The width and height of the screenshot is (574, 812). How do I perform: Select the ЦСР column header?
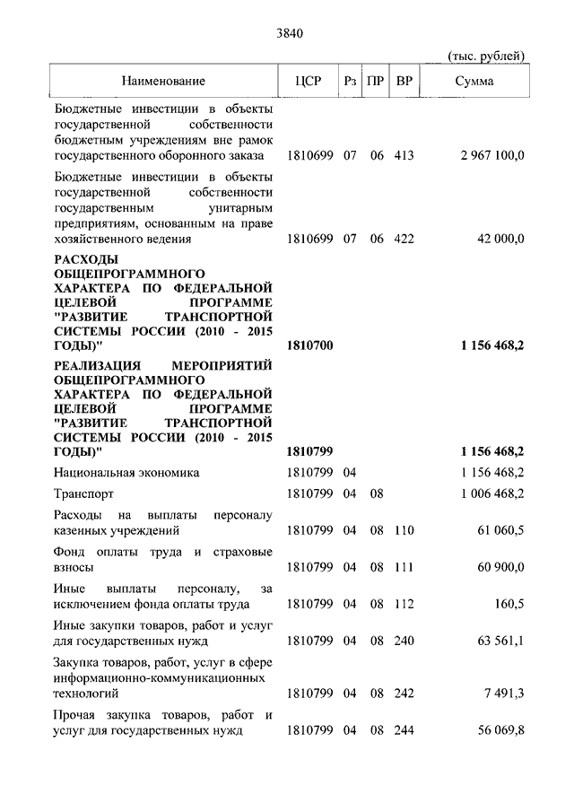click(308, 82)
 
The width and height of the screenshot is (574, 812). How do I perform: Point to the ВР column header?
click(404, 82)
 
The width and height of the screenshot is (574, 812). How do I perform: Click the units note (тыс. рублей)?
click(485, 57)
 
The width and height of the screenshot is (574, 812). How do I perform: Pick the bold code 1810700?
click(309, 345)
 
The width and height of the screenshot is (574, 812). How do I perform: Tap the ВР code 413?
click(404, 155)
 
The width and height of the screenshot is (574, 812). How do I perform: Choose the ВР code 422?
click(404, 239)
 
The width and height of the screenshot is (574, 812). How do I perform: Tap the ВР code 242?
click(404, 694)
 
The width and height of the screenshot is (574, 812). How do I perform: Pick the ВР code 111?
click(404, 567)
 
